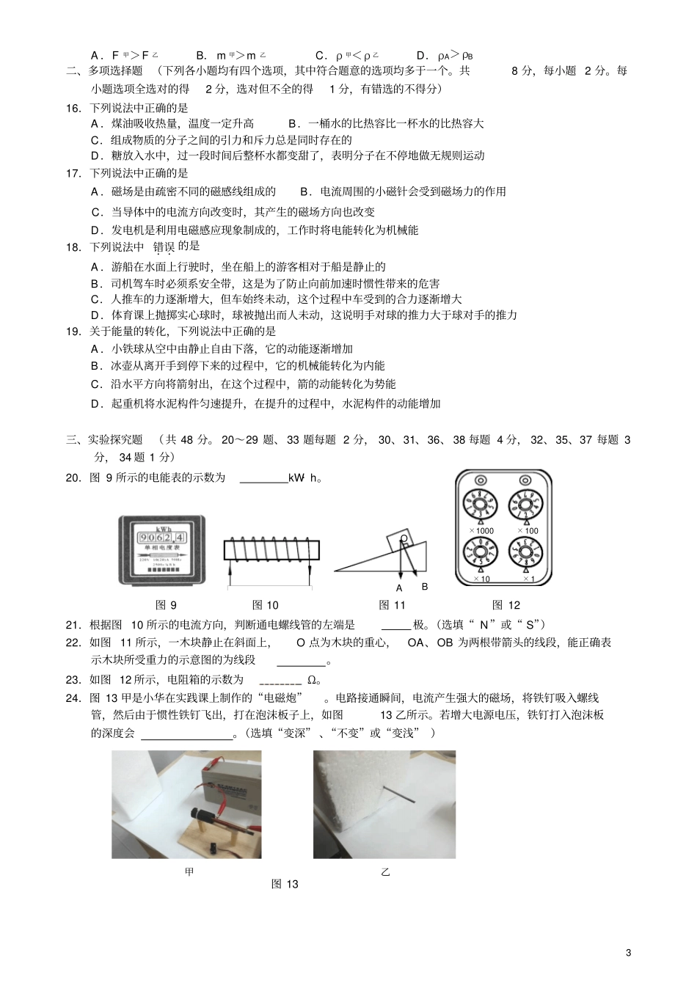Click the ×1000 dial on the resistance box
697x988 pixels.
coord(480,506)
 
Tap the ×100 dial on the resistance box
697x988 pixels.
coord(526,506)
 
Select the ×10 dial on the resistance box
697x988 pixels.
coord(480,554)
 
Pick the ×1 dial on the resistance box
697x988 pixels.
coord(526,554)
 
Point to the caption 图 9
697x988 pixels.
coord(167,605)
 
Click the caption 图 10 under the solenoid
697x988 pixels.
coord(265,605)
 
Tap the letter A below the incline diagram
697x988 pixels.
coord(399,588)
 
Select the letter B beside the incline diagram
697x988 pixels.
coord(424,587)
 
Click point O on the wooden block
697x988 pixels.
coord(403,539)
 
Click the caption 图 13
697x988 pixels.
coord(285,885)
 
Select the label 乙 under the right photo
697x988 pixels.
coord(385,872)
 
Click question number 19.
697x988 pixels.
coord(73,332)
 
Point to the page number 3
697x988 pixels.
coord(628,953)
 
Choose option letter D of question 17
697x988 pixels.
coord(95,230)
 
